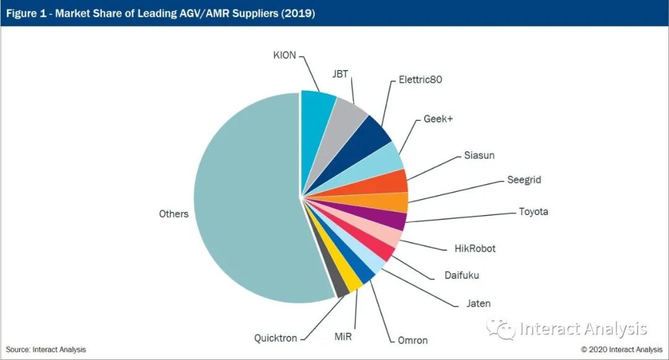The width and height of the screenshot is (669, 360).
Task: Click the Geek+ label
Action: pos(439,119)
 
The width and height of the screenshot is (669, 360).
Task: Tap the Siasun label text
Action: pos(479,156)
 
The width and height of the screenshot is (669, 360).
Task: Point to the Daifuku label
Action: pos(461,275)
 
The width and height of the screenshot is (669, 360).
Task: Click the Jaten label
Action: pos(478,304)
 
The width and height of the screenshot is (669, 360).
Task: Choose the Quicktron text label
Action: pos(276,338)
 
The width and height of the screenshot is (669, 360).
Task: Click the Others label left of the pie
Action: pos(173,214)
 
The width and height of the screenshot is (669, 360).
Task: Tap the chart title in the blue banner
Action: pos(161,13)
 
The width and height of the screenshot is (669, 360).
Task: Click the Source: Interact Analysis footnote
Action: pos(46,349)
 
